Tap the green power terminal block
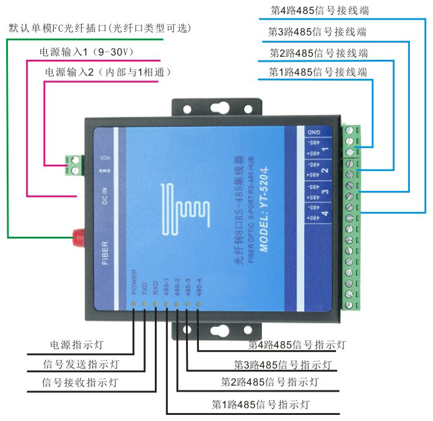coord(74,164)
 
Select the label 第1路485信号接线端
coord(318,72)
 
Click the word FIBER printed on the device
coord(104,250)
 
